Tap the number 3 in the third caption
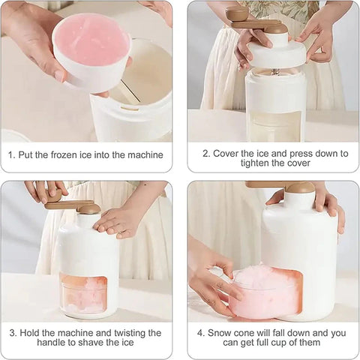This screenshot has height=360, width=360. click(x=13, y=332)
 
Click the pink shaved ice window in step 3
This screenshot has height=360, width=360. click(x=84, y=293)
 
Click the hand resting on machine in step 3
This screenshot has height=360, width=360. click(x=116, y=219)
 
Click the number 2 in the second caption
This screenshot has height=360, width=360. click(x=207, y=152)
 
